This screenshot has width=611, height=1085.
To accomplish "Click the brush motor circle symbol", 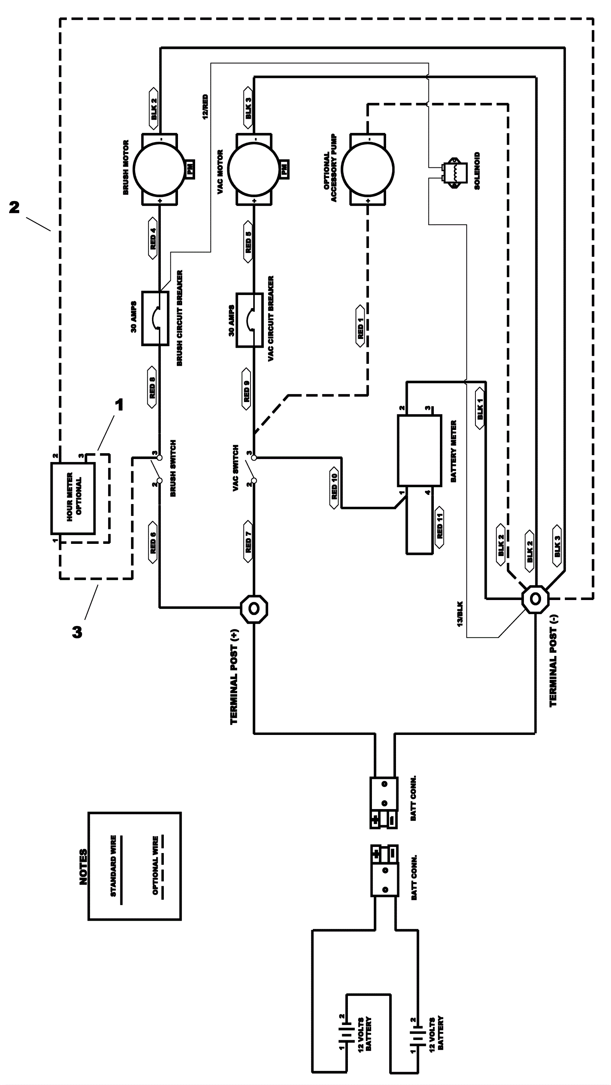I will point(160,169).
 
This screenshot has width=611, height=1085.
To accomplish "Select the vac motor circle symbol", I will point(254,169).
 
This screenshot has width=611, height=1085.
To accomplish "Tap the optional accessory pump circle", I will point(368,169).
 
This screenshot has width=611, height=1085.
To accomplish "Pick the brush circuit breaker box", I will point(155,318).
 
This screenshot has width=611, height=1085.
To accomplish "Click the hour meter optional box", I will point(73,498).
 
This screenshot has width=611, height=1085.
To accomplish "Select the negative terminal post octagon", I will point(535,599).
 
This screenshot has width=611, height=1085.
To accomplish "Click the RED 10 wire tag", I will point(334,488).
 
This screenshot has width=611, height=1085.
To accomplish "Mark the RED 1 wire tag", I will point(360,326).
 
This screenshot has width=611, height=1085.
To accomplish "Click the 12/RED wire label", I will point(205,107).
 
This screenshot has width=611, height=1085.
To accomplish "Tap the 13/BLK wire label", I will point(460,614).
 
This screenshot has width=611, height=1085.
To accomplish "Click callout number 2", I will point(14,207).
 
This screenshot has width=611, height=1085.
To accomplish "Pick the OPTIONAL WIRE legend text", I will point(155,866).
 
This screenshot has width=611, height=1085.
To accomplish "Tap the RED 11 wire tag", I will point(440,527).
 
